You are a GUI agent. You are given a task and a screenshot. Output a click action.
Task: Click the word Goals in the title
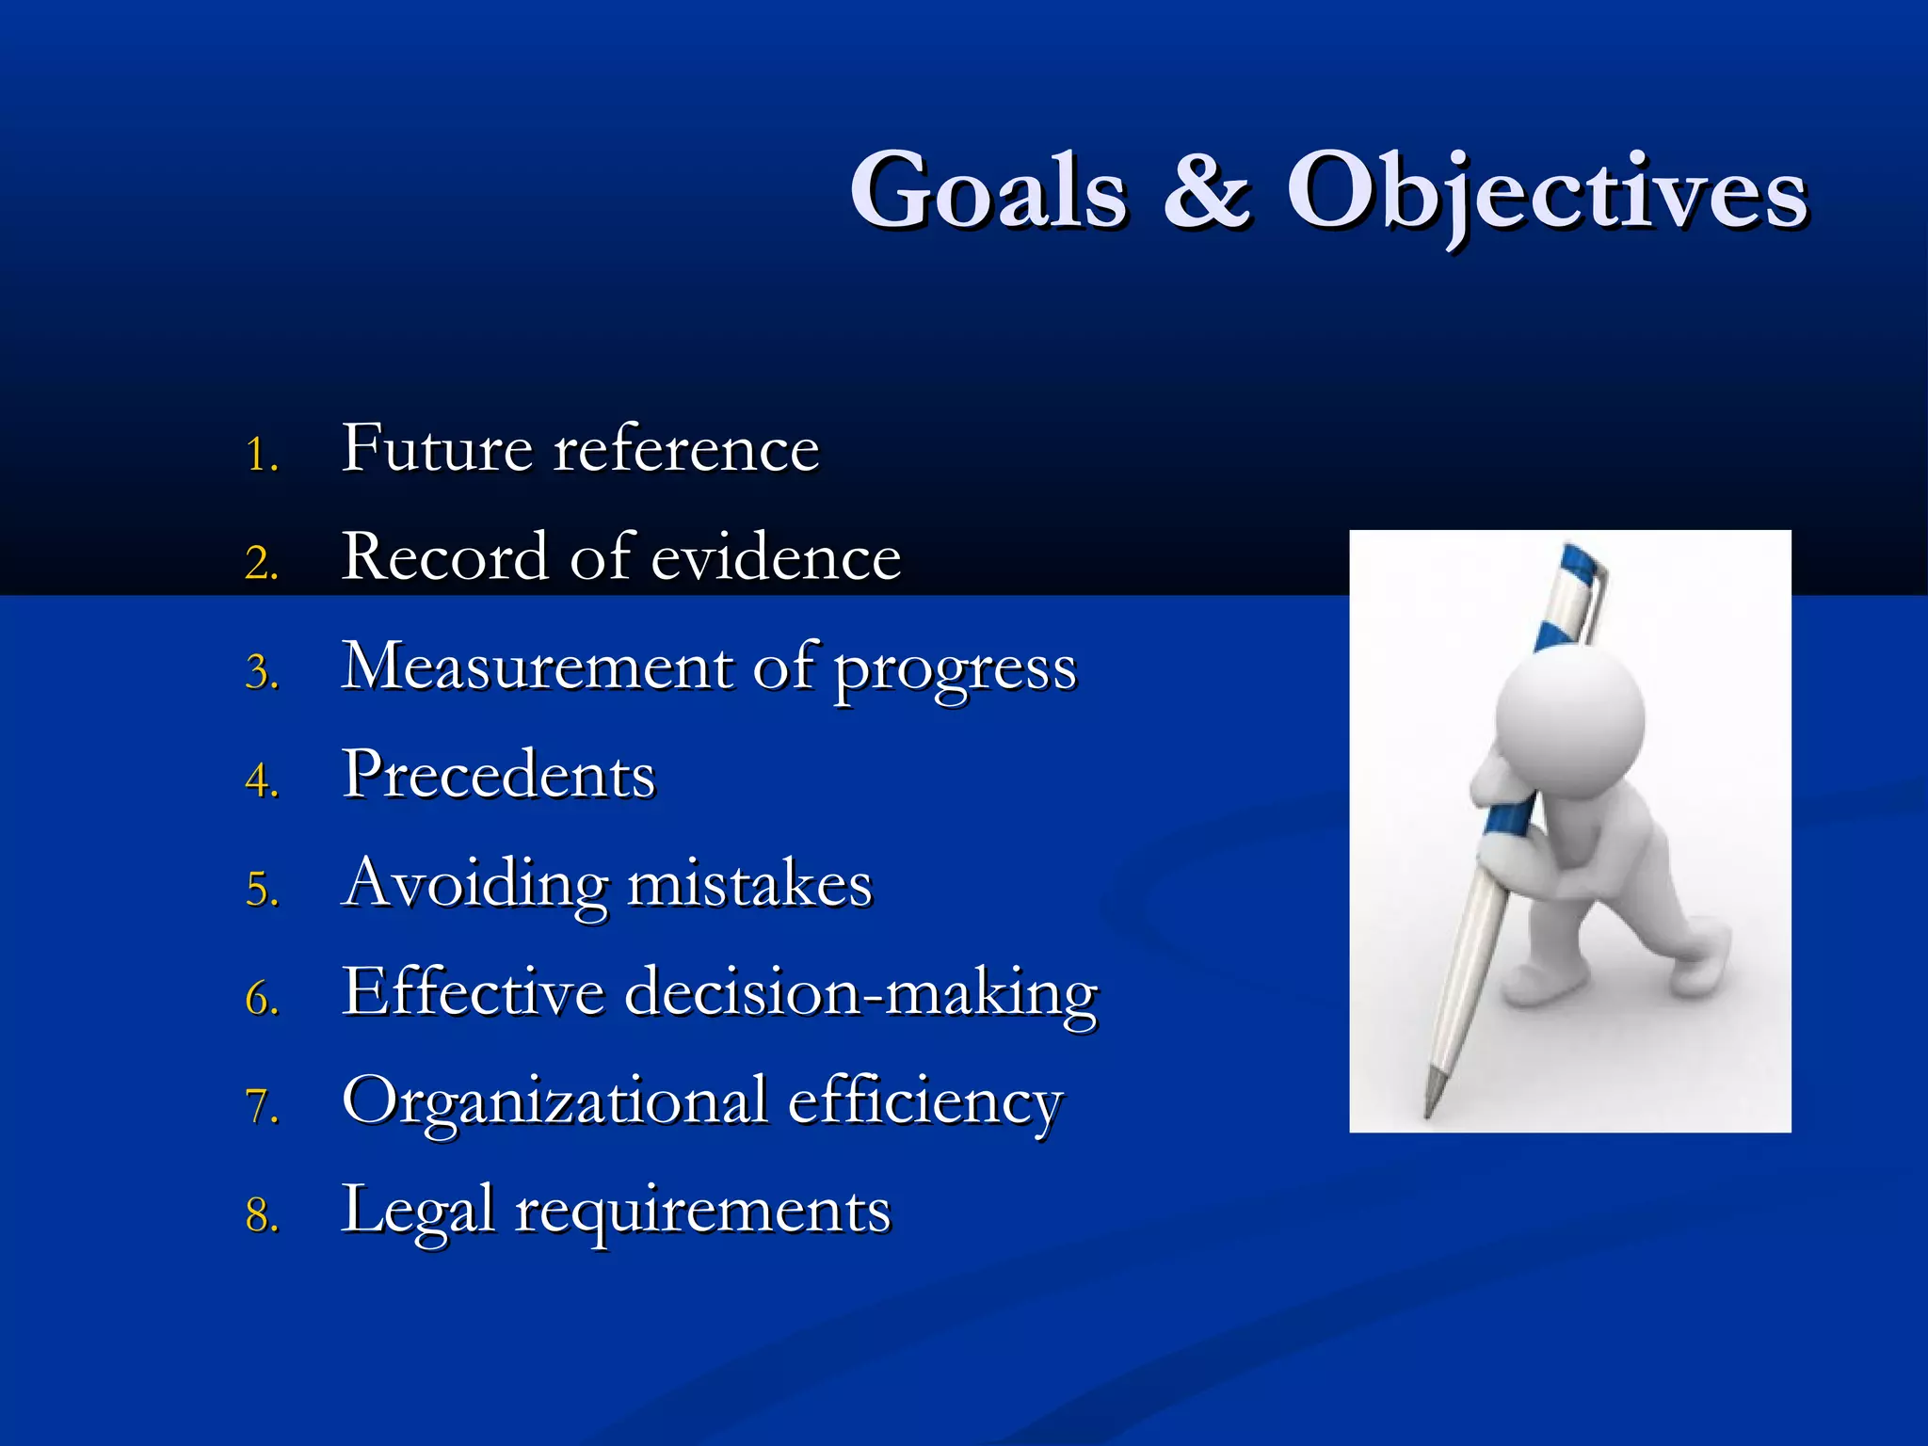[x=988, y=191]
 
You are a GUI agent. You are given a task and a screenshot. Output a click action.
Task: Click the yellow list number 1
[x=261, y=455]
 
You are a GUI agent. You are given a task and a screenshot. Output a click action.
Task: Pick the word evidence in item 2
[x=776, y=557]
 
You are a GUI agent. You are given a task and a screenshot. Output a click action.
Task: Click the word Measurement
[x=537, y=667]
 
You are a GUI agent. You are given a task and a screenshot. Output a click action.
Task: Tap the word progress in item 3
[x=955, y=670]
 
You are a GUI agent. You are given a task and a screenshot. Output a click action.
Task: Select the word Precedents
[x=498, y=775]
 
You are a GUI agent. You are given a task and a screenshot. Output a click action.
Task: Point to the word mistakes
[x=749, y=885]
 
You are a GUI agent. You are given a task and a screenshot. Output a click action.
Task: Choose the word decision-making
[x=860, y=994]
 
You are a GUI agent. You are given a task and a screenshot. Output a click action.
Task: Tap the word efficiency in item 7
[x=924, y=1103]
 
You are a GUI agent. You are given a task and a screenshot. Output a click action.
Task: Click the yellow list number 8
[x=262, y=1215]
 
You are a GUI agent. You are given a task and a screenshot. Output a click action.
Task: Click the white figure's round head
[x=1570, y=720]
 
